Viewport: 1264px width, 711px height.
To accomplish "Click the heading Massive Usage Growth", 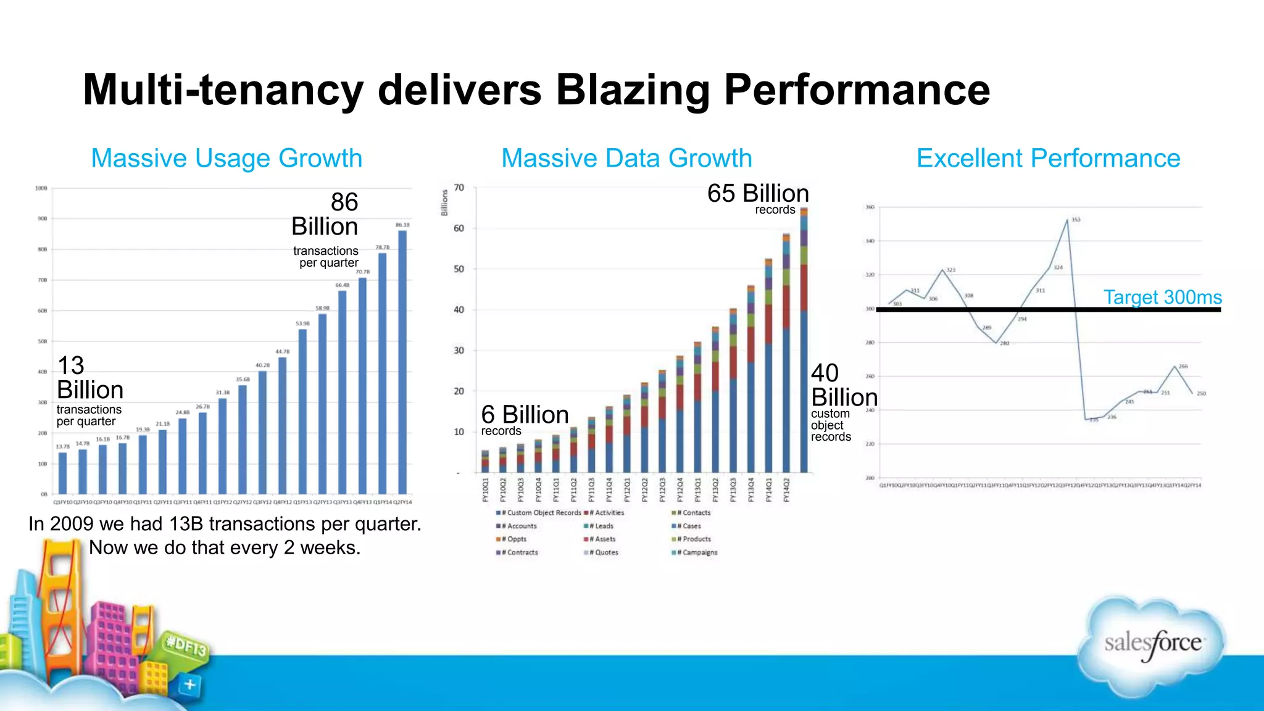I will click(x=227, y=158).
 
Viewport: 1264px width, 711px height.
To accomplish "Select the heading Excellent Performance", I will click(x=1048, y=158).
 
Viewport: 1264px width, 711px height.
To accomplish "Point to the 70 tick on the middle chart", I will click(x=459, y=188).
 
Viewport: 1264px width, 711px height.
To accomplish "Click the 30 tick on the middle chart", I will click(x=459, y=351).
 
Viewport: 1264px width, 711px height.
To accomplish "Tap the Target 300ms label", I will click(x=1162, y=297).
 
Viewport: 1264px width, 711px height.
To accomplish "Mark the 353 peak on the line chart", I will click(x=1068, y=220).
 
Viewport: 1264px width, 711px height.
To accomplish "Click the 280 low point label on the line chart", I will click(x=1004, y=343).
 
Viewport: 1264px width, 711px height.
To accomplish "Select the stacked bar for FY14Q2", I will click(x=804, y=339).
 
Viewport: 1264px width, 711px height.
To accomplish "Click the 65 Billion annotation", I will click(x=758, y=194).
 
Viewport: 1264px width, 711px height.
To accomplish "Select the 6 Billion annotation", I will click(x=525, y=415).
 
